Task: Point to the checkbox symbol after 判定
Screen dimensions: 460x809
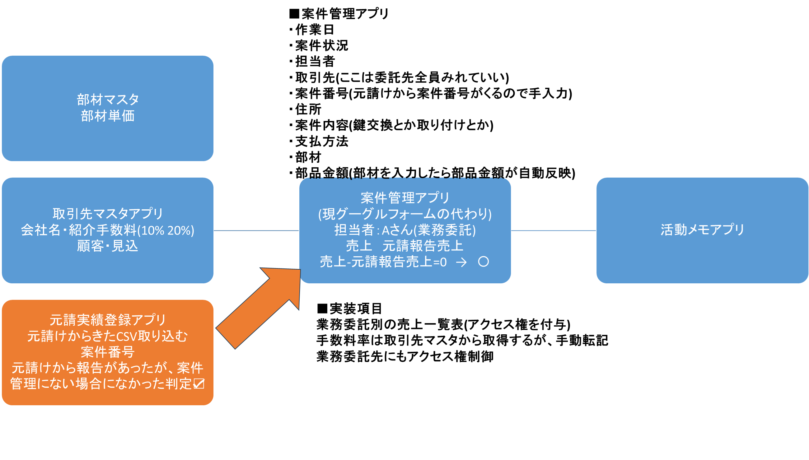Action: [199, 383]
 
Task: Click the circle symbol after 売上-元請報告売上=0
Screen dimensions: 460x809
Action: [483, 262]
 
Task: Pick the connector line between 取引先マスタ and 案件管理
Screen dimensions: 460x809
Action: [256, 231]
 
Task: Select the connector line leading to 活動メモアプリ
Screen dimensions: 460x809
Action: [553, 231]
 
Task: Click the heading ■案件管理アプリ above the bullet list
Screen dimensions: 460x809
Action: [339, 14]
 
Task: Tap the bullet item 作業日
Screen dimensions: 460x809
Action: [315, 30]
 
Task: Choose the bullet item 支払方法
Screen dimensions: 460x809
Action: [321, 141]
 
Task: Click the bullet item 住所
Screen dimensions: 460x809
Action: [308, 109]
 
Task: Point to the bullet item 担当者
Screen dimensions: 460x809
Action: [315, 61]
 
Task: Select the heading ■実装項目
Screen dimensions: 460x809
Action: [349, 309]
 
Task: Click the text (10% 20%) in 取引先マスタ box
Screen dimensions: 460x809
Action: [166, 230]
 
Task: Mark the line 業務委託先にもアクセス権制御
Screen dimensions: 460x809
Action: [404, 356]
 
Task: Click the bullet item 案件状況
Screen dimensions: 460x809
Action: [321, 45]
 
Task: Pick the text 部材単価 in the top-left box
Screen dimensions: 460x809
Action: [107, 116]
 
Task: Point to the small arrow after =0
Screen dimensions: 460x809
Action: [461, 262]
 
